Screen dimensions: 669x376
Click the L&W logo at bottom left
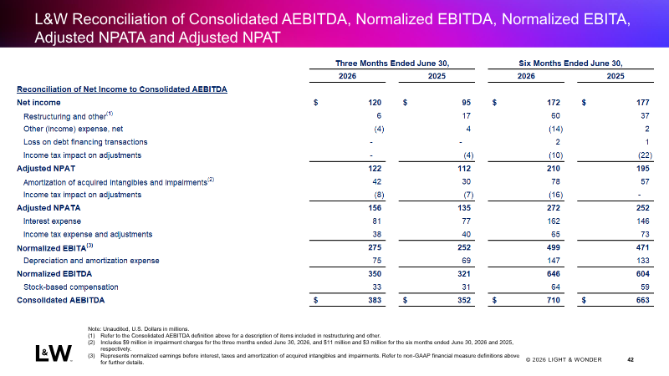coord(54,353)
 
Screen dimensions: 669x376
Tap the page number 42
coord(631,360)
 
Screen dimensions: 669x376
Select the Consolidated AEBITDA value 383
coord(375,300)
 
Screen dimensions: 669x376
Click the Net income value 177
coord(642,102)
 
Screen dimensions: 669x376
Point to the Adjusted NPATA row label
coord(49,207)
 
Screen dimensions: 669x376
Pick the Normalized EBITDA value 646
coord(554,274)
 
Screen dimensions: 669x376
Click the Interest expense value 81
coord(376,221)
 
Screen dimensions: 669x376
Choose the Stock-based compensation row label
coord(71,287)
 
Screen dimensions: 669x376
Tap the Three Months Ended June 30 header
coord(392,64)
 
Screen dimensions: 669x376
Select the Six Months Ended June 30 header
coord(570,64)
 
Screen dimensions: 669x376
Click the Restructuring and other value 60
coord(555,116)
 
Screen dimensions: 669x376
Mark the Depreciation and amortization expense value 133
coord(642,261)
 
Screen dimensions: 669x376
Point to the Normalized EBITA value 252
coord(464,247)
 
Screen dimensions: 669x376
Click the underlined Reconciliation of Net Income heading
coord(122,89)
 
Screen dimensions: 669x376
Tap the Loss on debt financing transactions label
coord(85,142)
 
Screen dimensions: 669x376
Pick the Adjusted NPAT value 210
coord(554,169)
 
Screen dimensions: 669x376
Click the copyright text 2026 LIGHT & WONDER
coord(564,360)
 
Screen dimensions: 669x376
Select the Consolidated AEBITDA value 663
coord(642,300)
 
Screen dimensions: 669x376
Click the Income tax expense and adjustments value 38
coord(376,234)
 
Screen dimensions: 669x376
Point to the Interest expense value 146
coord(642,221)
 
